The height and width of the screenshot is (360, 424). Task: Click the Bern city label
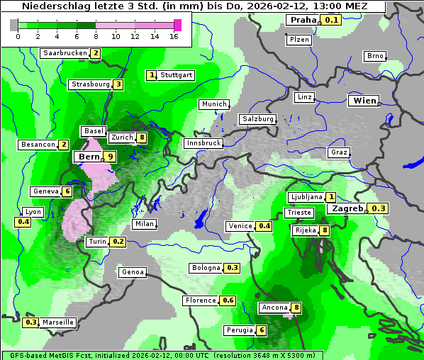88,157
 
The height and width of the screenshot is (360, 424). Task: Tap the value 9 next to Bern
110,157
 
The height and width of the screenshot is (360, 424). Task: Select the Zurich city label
122,137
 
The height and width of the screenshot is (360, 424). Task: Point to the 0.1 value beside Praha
332,20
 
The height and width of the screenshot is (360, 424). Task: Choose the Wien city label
364,101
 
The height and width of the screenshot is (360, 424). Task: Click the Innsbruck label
203,143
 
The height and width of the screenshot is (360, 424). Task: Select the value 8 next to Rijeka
325,230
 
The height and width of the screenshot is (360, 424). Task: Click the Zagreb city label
347,208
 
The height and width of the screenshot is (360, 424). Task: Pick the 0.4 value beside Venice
264,226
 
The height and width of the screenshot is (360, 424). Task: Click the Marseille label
58,322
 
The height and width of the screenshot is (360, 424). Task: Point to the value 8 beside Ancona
296,308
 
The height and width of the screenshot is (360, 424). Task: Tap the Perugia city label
239,330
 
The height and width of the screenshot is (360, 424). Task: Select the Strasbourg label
91,84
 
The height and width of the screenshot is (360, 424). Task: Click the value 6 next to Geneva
67,191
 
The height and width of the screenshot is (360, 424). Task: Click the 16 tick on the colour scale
174,37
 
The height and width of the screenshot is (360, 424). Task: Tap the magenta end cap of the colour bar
177,25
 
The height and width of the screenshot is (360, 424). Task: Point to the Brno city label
375,56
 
